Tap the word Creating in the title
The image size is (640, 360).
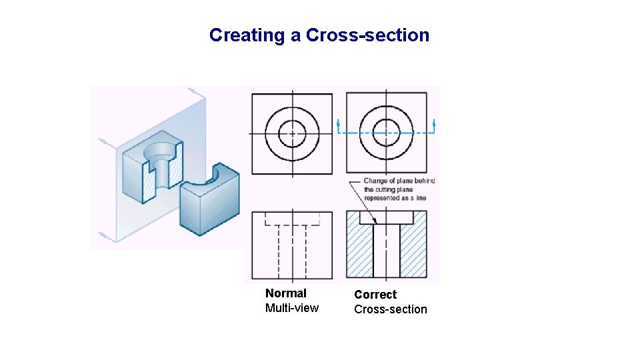tap(247, 35)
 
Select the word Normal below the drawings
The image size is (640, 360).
tap(286, 293)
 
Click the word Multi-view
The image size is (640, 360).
tap(292, 308)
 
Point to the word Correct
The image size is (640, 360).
tap(375, 295)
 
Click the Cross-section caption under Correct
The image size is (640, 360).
tap(391, 309)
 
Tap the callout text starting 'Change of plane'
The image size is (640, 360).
tap(399, 189)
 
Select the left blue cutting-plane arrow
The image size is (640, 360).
tap(339, 124)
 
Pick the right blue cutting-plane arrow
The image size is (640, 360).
tap(434, 124)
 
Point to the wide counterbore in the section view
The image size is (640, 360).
tap(387, 217)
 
